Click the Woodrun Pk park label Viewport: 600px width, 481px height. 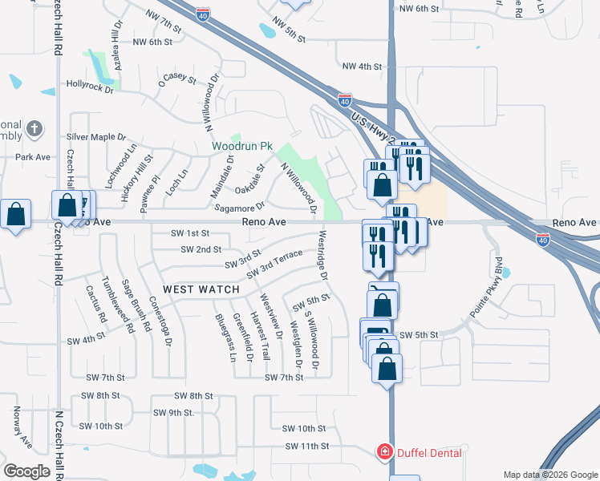click(243, 148)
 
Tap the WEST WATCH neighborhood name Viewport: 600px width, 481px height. click(201, 289)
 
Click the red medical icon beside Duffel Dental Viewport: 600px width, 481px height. click(384, 453)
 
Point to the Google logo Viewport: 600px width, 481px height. click(26, 471)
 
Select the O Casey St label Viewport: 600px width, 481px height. click(177, 79)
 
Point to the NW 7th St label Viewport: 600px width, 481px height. click(164, 15)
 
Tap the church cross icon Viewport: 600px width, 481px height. click(34, 128)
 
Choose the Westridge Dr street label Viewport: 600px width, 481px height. click(324, 256)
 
